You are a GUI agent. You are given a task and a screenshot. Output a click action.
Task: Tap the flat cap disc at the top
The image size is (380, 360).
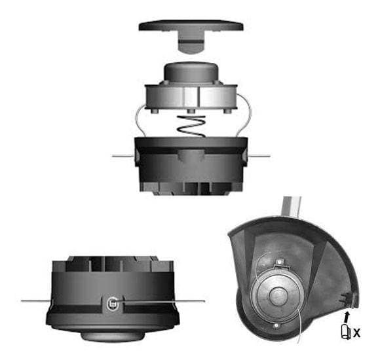point(191,26)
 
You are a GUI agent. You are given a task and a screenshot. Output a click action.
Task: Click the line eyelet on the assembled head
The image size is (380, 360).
point(113,302)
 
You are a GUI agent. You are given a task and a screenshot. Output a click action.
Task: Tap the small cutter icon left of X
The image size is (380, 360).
point(344,333)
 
